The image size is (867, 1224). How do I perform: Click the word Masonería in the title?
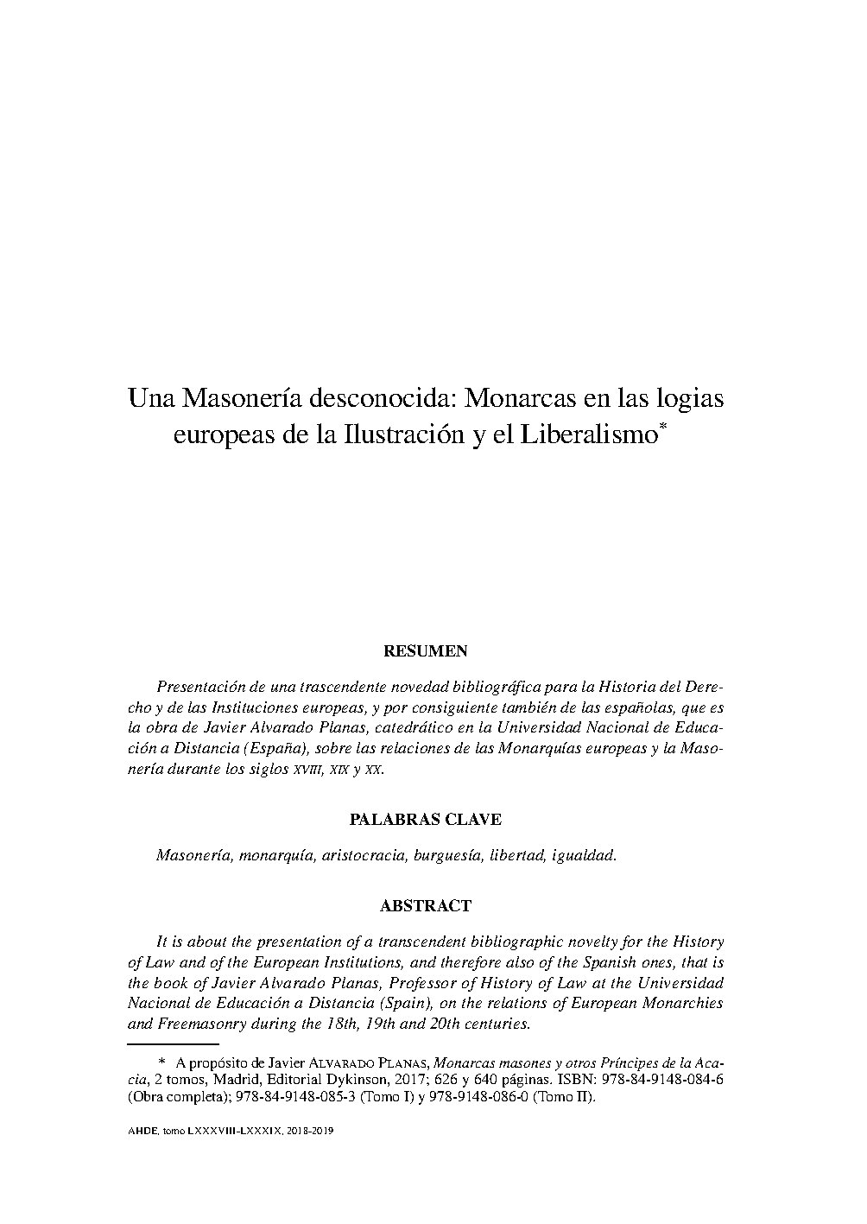(227, 400)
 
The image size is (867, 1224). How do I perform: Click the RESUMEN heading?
(426, 650)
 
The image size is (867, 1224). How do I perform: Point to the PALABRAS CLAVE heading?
(425, 819)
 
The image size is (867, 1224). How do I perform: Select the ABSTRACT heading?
(426, 906)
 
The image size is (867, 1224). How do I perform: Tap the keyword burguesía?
(446, 855)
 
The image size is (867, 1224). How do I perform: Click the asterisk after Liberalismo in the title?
(662, 426)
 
